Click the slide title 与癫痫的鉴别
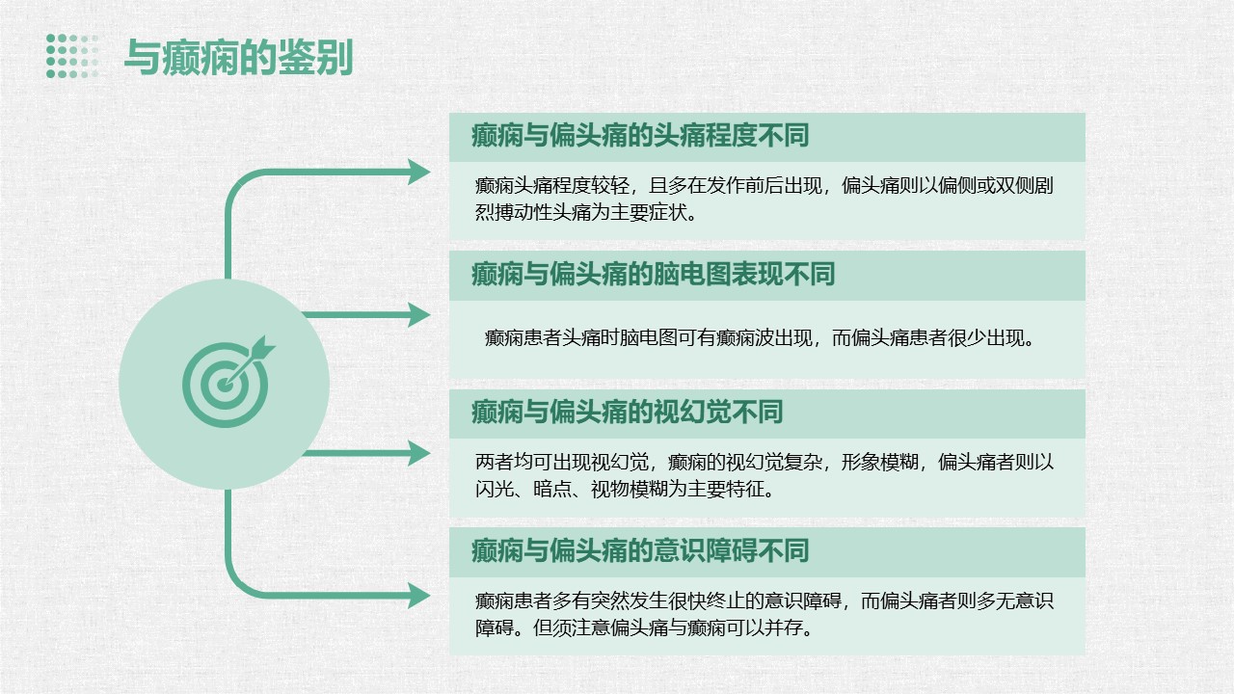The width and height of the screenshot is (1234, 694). pyautogui.click(x=238, y=57)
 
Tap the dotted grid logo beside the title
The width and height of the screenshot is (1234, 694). pyautogui.click(x=72, y=56)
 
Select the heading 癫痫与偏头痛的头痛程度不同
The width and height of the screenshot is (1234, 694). pyautogui.click(x=640, y=136)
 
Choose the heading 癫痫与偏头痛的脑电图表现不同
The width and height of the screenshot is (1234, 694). pyautogui.click(x=654, y=274)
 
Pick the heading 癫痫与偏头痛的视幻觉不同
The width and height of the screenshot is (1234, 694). pyautogui.click(x=628, y=412)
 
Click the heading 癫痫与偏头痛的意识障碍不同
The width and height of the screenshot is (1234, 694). pyautogui.click(x=640, y=550)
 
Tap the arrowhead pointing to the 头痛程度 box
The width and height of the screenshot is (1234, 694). pyautogui.click(x=418, y=172)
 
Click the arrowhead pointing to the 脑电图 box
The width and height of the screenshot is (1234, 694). pyautogui.click(x=418, y=315)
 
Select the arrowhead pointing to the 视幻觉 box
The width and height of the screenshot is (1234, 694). pyautogui.click(x=418, y=453)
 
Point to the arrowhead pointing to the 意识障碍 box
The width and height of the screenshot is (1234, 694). pyautogui.click(x=418, y=596)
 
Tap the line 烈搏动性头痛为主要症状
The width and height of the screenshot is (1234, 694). pyautogui.click(x=587, y=212)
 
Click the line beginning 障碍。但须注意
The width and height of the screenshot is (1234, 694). pyautogui.click(x=645, y=627)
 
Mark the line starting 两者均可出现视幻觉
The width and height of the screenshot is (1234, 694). pyautogui.click(x=765, y=462)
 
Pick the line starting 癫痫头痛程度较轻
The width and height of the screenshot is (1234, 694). pyautogui.click(x=765, y=185)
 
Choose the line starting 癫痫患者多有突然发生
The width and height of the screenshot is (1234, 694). pyautogui.click(x=765, y=601)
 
